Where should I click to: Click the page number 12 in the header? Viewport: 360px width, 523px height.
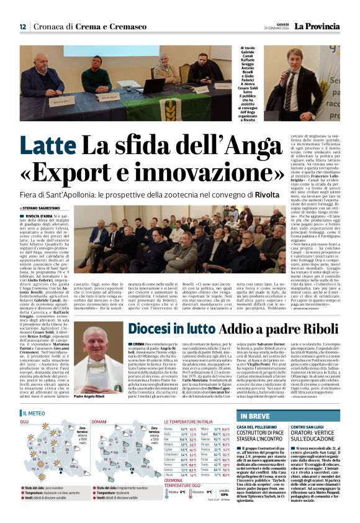pos(22,27)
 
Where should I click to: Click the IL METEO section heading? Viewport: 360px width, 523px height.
pos(35,412)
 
